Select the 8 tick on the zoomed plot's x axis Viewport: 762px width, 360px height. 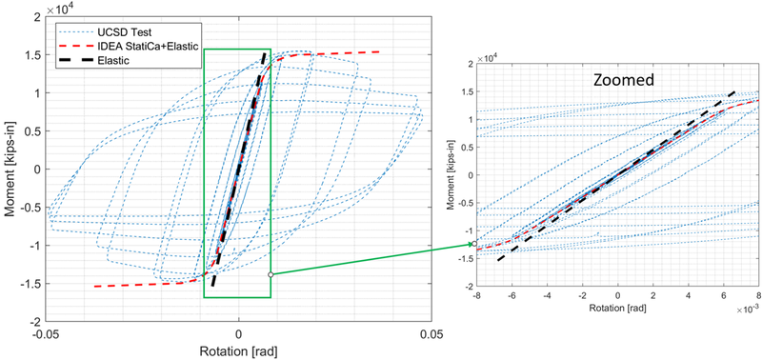758,295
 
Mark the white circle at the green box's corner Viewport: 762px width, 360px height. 271,274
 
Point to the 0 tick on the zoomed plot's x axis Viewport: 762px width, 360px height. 617,295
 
